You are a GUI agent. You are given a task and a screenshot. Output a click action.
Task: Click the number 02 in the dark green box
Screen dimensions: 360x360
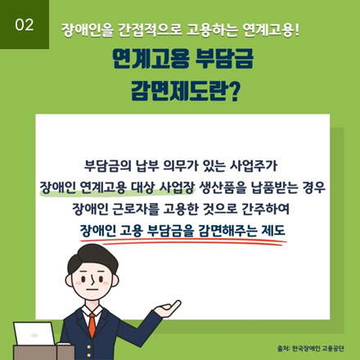pos(25,25)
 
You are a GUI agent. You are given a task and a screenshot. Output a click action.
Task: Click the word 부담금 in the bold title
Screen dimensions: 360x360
pos(224,59)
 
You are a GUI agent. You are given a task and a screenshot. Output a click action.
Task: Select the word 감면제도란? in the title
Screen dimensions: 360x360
pos(186,91)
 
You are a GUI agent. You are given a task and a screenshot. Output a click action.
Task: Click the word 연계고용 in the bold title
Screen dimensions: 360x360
pos(151,59)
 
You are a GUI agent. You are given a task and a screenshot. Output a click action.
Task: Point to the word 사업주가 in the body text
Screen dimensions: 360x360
pos(254,166)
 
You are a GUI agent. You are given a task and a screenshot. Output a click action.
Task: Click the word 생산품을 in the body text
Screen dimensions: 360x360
pos(223,187)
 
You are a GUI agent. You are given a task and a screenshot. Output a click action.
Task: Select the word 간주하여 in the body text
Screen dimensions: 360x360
pos(265,209)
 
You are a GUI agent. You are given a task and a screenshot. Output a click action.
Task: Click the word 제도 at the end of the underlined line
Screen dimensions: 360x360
pos(273,231)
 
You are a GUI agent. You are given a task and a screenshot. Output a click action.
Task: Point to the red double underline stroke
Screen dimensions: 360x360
pos(183,241)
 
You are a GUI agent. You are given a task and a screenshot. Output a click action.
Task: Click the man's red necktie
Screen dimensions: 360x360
pos(92,325)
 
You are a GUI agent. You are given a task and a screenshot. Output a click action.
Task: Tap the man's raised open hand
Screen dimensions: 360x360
pos(169,308)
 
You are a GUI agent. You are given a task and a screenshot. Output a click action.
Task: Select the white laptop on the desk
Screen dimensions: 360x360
pos(34,334)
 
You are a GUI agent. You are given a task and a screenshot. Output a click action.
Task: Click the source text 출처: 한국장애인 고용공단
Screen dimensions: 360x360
pos(310,349)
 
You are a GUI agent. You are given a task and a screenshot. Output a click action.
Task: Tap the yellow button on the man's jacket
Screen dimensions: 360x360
pos(88,347)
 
